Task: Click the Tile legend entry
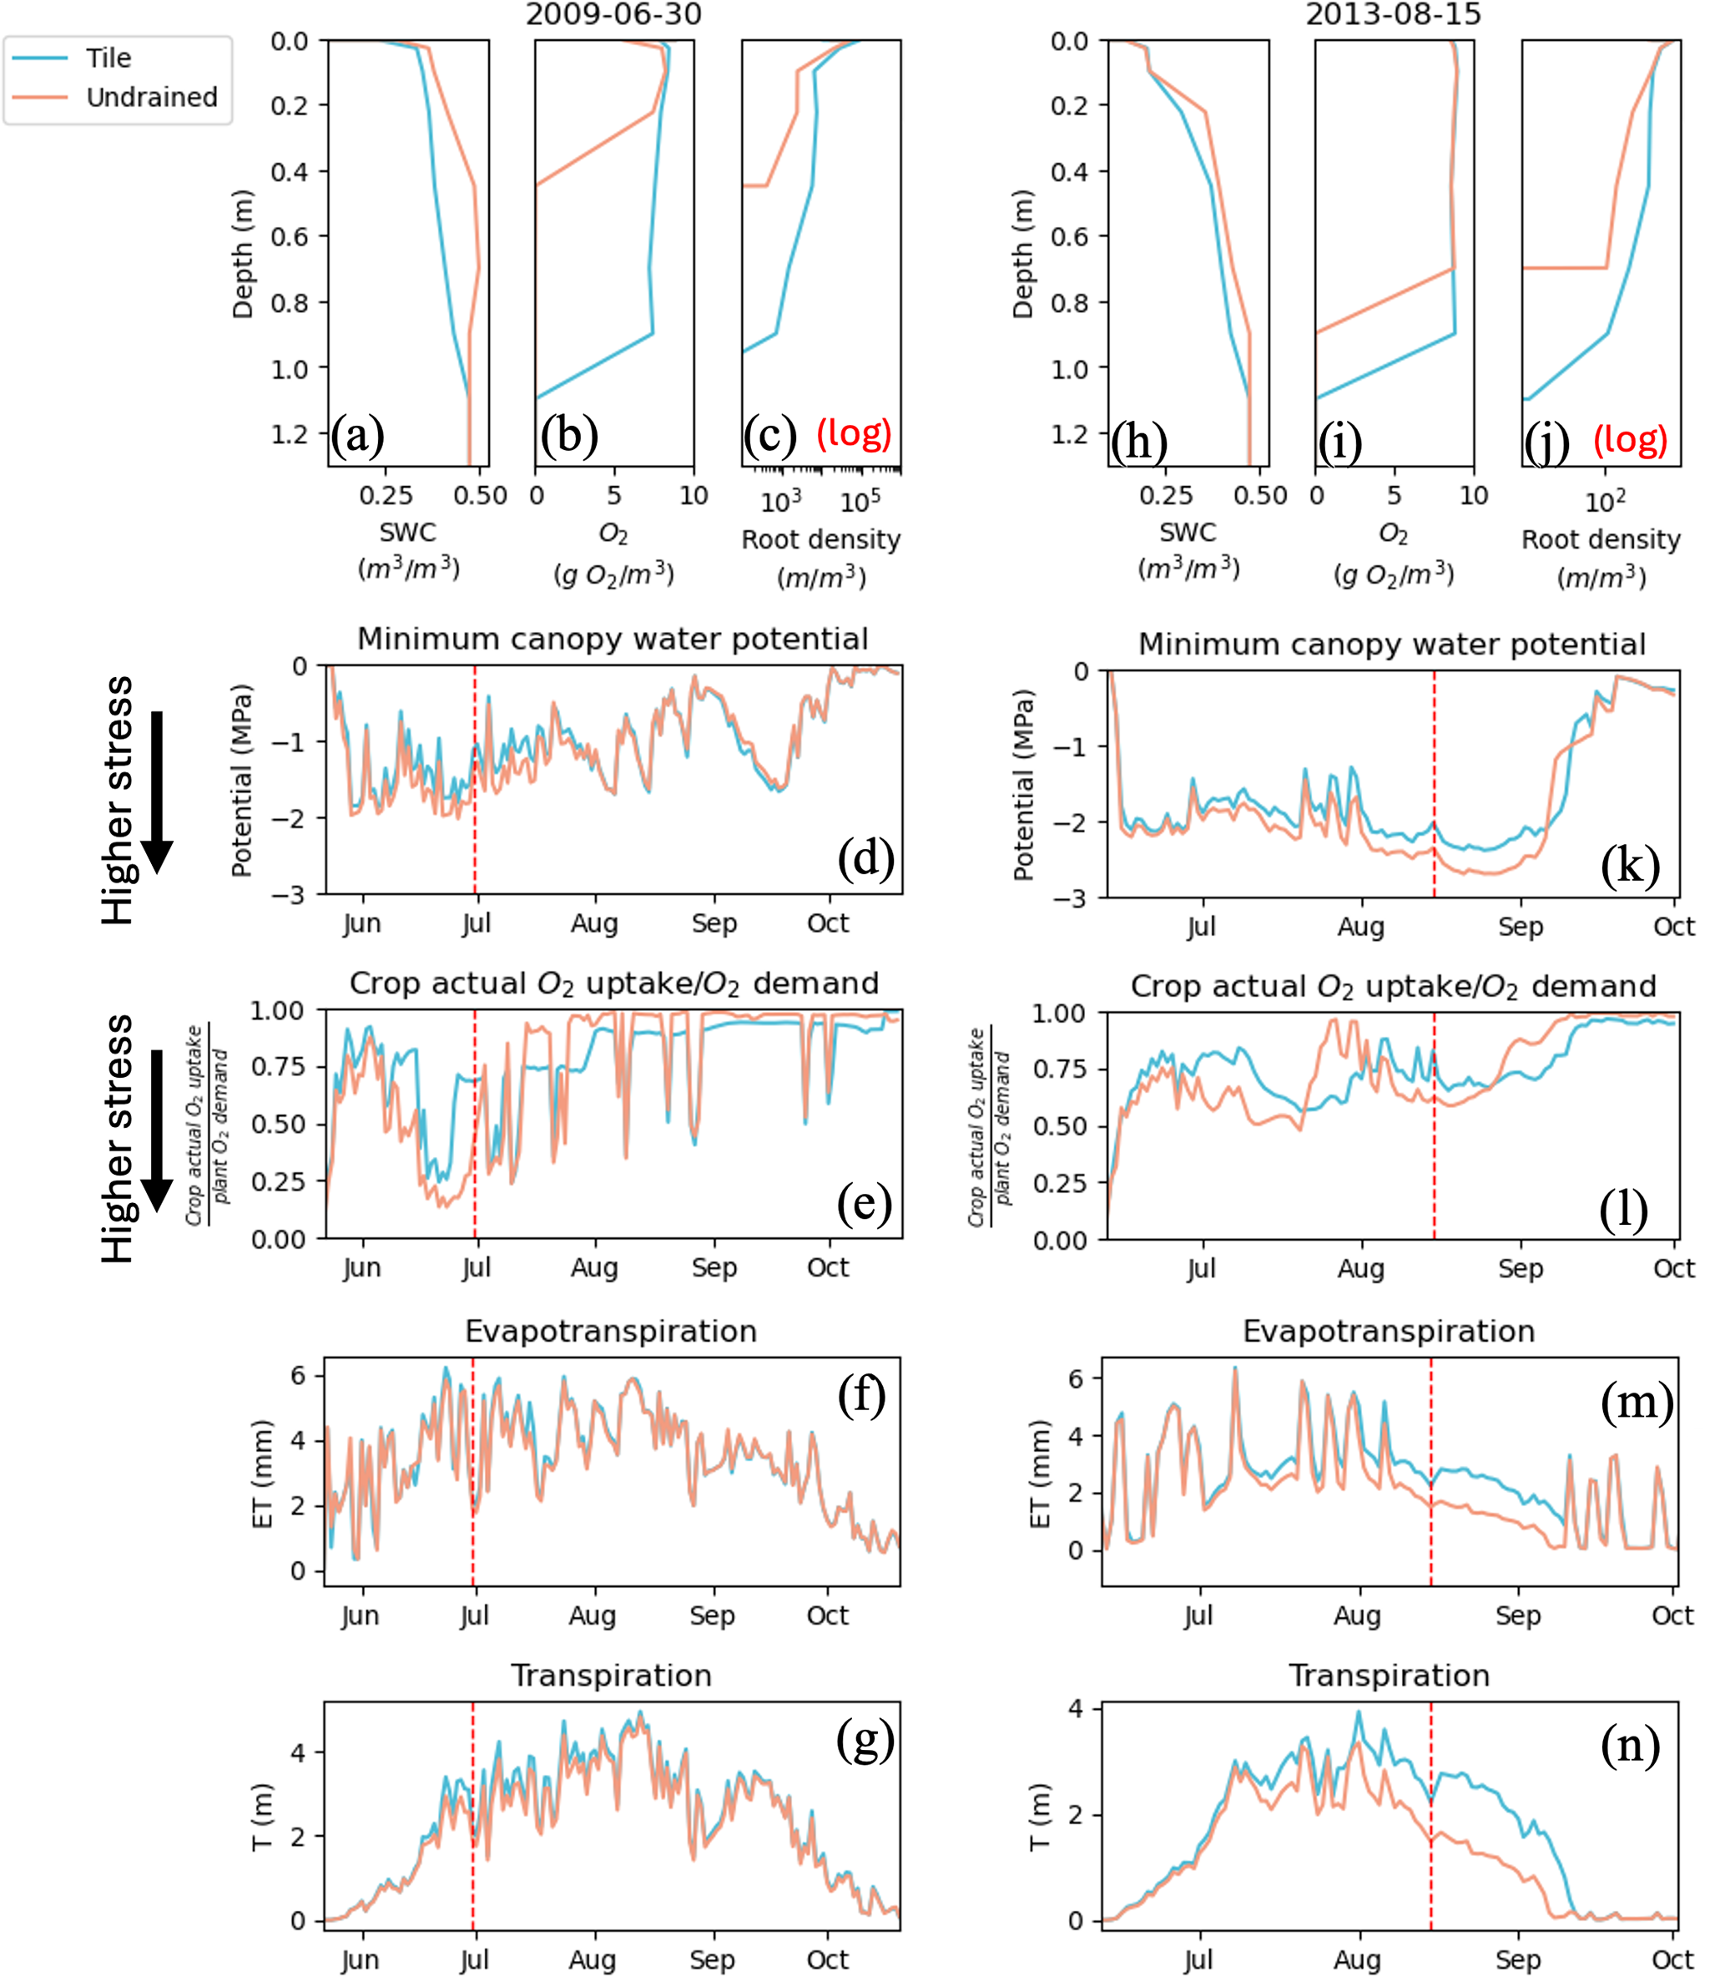(x=107, y=58)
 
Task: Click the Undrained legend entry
(x=151, y=97)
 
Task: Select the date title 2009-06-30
(x=613, y=14)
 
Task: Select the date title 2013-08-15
(x=1393, y=14)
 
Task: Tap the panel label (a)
(x=357, y=437)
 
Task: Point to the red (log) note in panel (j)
(x=1630, y=439)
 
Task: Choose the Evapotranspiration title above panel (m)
(x=1388, y=1331)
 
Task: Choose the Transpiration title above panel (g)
(x=611, y=1676)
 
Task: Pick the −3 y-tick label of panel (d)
(x=288, y=896)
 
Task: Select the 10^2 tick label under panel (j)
(x=1605, y=502)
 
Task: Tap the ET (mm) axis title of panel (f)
(x=262, y=1474)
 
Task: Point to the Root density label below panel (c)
(x=820, y=539)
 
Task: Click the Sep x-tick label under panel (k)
(x=1520, y=927)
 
